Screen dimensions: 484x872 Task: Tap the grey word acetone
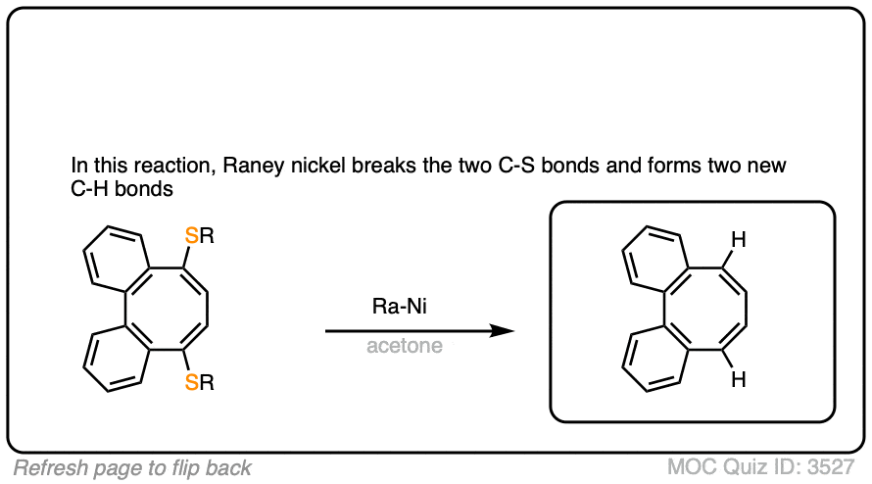pyautogui.click(x=404, y=346)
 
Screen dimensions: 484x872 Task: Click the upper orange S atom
pyautogui.click(x=194, y=236)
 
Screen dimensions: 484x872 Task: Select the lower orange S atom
pyautogui.click(x=194, y=385)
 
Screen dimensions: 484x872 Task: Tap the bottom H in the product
pyautogui.click(x=740, y=377)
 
